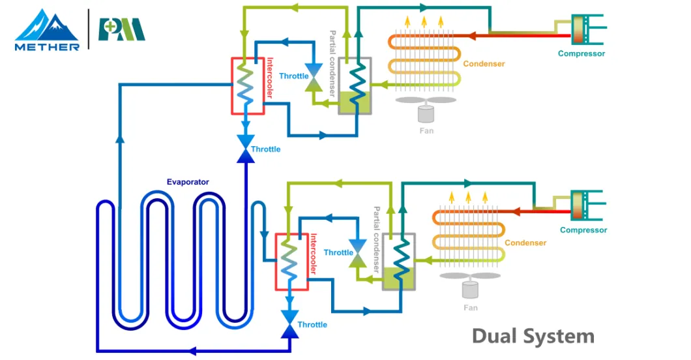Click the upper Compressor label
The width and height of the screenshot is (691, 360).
point(581,53)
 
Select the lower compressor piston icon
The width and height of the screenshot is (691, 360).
point(580,207)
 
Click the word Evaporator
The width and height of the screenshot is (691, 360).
point(187,182)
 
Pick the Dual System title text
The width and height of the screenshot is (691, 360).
point(533,337)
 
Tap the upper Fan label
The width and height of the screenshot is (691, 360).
point(426,130)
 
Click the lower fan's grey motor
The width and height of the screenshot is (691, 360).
point(469,290)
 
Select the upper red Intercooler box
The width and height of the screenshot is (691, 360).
point(248,86)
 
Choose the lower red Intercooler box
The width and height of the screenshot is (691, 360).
point(291,262)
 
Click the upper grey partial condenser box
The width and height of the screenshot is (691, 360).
point(354,86)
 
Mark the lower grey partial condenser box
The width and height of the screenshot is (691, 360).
point(398,262)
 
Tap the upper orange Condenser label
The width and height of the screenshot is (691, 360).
point(484,64)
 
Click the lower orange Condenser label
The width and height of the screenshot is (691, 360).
point(525,243)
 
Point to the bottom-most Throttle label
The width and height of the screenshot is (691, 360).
point(312,324)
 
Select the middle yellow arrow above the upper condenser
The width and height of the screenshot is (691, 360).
point(424,22)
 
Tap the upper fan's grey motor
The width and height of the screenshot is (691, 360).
point(426,114)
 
